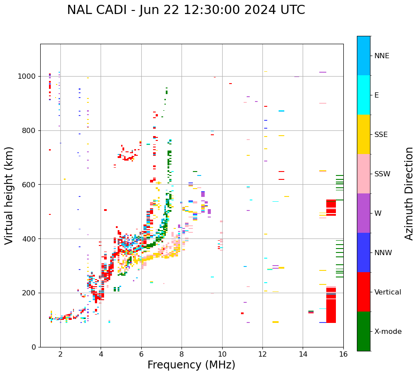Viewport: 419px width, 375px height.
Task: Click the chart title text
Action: click(186, 10)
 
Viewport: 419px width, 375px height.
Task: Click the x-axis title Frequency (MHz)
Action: click(191, 365)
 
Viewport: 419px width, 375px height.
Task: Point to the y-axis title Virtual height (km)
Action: click(9, 195)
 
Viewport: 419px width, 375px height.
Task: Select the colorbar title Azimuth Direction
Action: click(409, 193)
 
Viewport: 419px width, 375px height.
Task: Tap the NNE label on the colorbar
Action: click(381, 56)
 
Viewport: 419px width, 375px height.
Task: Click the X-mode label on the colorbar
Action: click(388, 332)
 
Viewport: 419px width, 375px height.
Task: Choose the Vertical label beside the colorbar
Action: click(388, 292)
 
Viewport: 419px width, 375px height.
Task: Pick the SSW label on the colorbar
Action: click(382, 174)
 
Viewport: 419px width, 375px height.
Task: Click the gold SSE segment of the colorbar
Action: click(363, 134)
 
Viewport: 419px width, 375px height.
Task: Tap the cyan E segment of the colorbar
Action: click(363, 95)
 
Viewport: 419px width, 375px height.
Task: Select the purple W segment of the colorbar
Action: click(363, 213)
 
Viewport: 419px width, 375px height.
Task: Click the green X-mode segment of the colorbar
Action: click(363, 331)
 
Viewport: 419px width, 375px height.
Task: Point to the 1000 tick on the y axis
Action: click(27, 77)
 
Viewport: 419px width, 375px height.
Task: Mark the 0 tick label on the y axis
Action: click(34, 347)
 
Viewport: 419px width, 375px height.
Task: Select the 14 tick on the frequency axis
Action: click(303, 354)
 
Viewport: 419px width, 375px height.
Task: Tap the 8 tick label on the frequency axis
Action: click(182, 354)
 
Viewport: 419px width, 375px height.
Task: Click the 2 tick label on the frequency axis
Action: click(60, 354)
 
